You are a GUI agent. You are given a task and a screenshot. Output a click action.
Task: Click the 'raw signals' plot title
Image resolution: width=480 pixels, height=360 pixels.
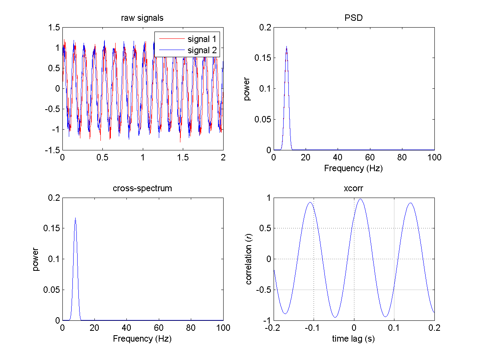[142, 18]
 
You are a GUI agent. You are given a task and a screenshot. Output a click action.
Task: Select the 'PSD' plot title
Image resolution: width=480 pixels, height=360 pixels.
[354, 18]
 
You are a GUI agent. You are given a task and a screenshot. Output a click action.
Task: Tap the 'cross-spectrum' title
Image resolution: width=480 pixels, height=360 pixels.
[142, 188]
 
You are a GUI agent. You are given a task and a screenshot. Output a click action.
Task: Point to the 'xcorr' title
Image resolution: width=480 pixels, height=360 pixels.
[354, 188]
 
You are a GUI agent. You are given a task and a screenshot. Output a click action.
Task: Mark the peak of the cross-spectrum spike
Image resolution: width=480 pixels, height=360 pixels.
[75, 218]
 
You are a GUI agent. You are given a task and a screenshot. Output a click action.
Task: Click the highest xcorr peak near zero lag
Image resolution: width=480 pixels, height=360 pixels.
[360, 199]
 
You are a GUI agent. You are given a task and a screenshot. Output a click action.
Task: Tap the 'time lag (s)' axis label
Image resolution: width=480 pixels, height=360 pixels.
[354, 339]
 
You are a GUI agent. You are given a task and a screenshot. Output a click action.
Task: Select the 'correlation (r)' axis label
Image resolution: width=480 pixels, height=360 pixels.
[249, 259]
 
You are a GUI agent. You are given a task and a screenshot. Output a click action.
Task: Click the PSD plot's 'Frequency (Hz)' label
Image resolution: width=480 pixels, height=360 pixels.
[354, 168]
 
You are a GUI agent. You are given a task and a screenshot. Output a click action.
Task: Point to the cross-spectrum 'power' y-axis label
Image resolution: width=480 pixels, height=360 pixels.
[36, 259]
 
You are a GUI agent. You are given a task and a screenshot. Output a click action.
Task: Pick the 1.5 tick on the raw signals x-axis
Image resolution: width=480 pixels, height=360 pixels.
[183, 158]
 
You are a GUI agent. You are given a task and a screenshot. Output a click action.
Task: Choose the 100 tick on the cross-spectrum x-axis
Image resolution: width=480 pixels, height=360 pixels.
[223, 328]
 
